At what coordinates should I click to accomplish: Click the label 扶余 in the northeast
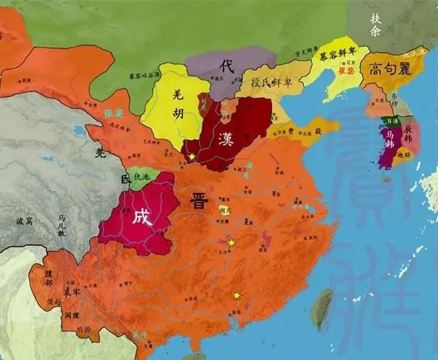click(x=375, y=25)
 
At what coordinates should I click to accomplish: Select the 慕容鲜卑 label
click(x=338, y=53)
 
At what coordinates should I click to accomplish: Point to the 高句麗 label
click(x=390, y=69)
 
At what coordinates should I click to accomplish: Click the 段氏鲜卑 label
click(x=271, y=83)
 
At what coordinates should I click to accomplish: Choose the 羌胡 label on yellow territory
click(x=178, y=105)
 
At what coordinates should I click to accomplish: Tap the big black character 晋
click(x=199, y=201)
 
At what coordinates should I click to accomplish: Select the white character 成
click(x=142, y=217)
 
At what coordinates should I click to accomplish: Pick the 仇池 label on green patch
click(x=141, y=177)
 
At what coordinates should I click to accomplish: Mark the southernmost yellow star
click(x=237, y=295)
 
